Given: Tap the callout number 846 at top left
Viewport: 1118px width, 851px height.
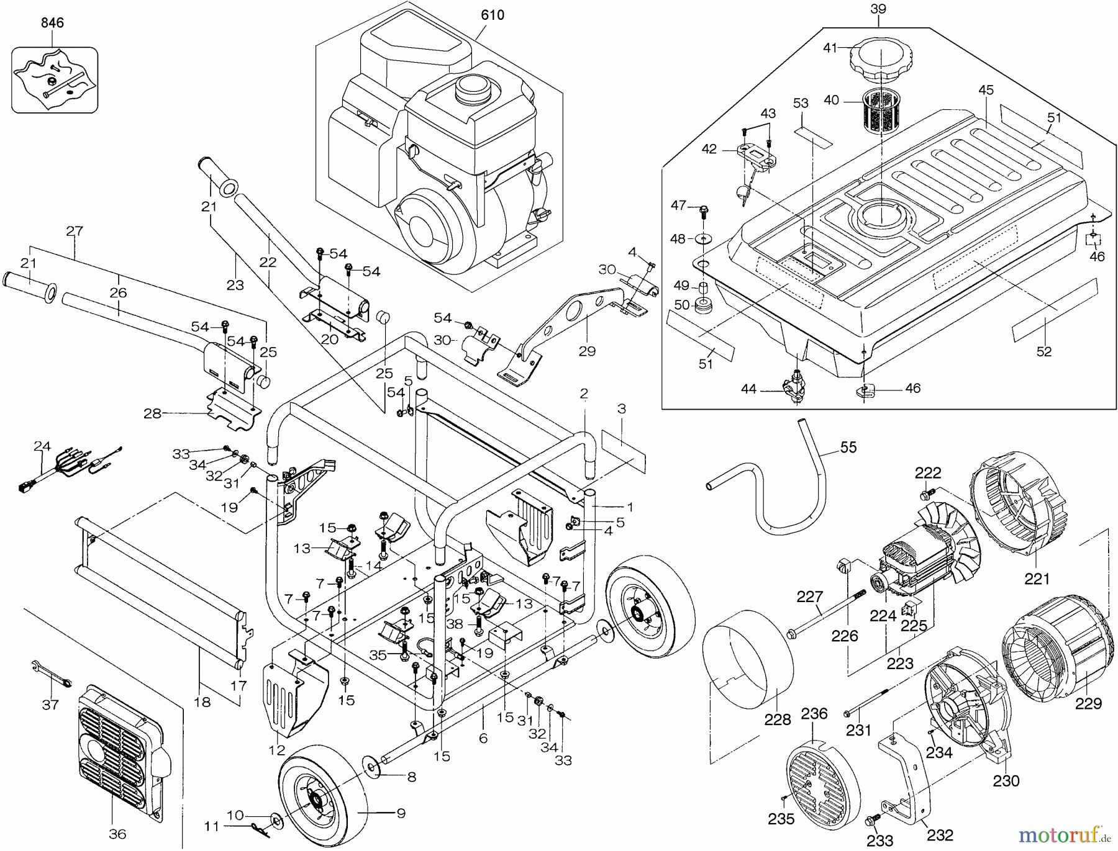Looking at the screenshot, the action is [x=52, y=23].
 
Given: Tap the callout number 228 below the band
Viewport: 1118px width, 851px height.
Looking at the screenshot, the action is [x=778, y=719].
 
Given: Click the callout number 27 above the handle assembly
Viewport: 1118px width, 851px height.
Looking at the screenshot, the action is [x=75, y=232].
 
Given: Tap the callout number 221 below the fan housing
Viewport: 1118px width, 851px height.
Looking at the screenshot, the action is [x=1037, y=579].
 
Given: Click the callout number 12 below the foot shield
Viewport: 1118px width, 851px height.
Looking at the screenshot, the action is [x=277, y=750].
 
